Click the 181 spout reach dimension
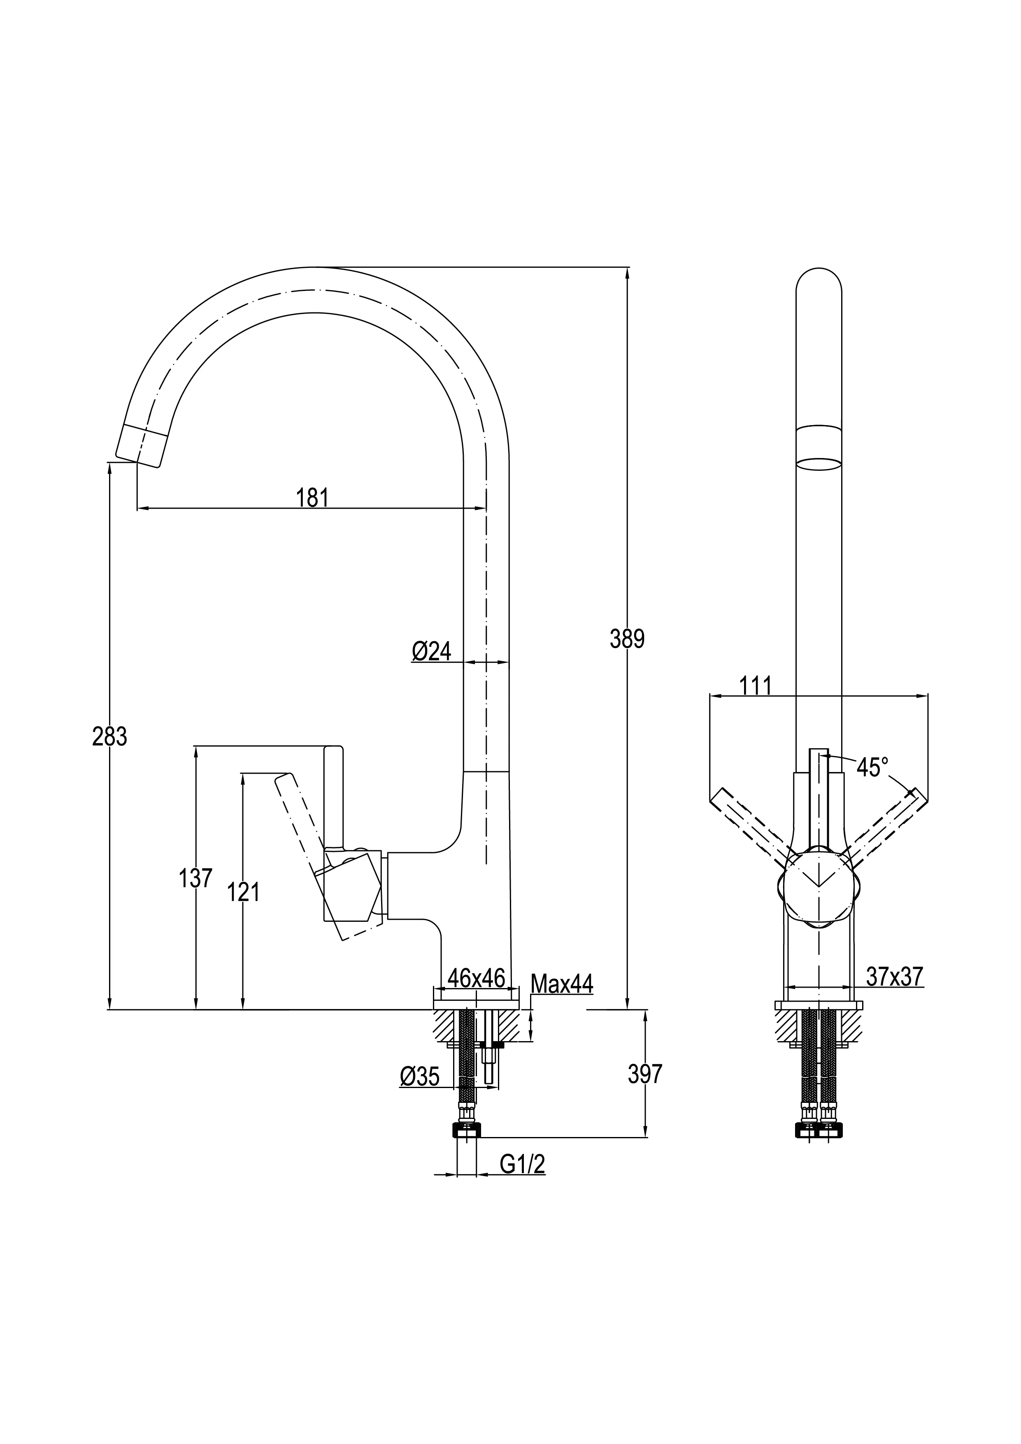coord(313,498)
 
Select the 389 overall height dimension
coord(627,639)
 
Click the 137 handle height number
coord(195,878)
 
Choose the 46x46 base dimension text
coord(476,978)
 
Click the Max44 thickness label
coord(561,984)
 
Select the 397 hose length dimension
coord(645,1074)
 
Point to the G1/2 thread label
coord(522,1165)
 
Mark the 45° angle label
coord(872,768)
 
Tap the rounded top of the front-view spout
coord(819,284)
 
